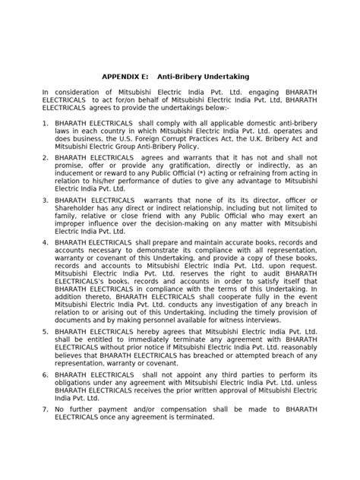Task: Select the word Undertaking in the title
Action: (x=225, y=77)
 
